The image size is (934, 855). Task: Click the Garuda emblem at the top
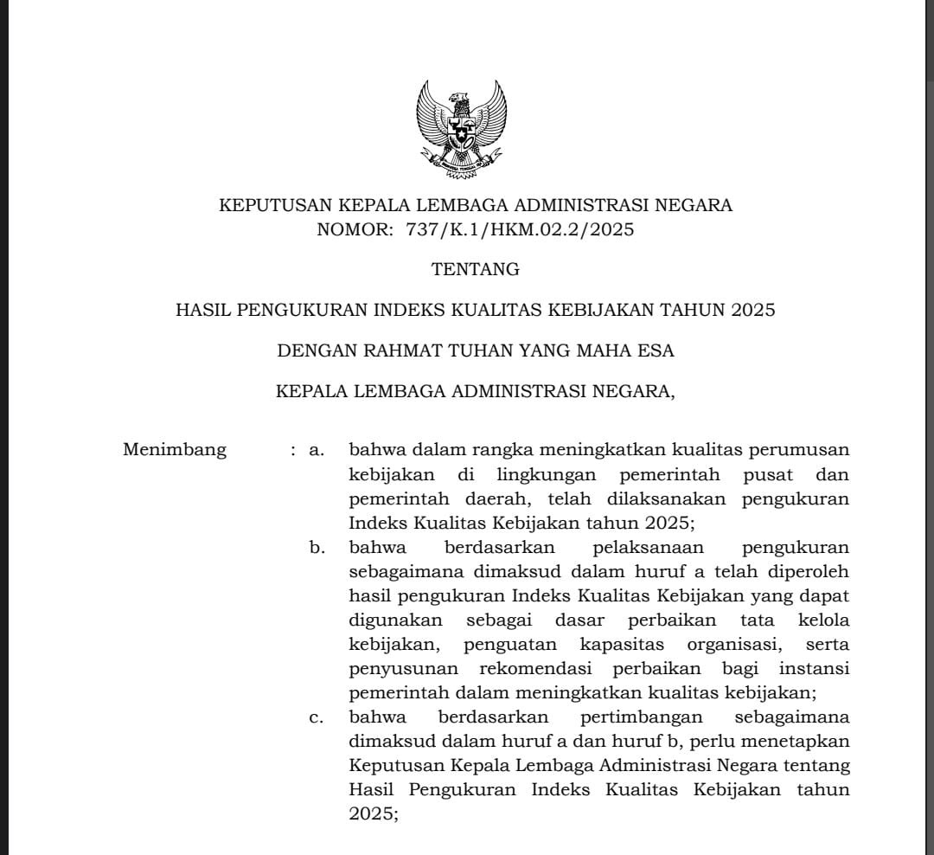pyautogui.click(x=460, y=128)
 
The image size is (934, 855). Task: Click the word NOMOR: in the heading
pyautogui.click(x=354, y=229)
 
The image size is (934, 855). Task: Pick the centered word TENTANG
pyautogui.click(x=476, y=269)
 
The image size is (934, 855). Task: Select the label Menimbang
pyautogui.click(x=175, y=450)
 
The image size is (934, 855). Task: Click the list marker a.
pyautogui.click(x=317, y=450)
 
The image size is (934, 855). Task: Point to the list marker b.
pyautogui.click(x=317, y=548)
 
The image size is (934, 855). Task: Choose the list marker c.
pyautogui.click(x=317, y=717)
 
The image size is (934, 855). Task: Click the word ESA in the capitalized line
pyautogui.click(x=655, y=350)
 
